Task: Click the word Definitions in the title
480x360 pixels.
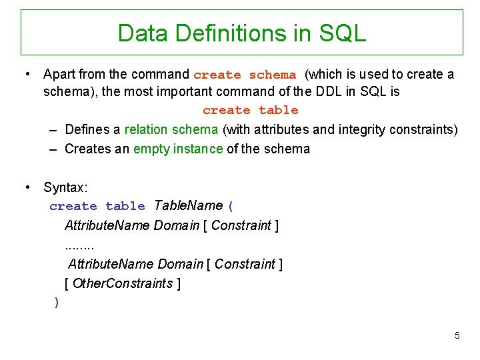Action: click(227, 32)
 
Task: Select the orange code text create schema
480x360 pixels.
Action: click(244, 75)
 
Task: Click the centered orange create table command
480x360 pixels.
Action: click(250, 110)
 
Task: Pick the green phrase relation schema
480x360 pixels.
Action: click(171, 129)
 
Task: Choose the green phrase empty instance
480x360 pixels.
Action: click(178, 149)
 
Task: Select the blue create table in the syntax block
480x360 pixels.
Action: click(97, 207)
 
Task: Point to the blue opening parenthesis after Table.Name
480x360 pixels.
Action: click(231, 206)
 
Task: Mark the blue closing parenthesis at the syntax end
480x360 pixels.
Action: click(57, 303)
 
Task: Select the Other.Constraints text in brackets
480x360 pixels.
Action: click(123, 283)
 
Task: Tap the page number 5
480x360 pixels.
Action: click(457, 335)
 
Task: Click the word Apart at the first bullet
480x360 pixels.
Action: click(59, 74)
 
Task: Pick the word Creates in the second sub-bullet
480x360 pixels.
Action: click(87, 149)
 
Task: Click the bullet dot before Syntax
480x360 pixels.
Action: click(29, 188)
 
